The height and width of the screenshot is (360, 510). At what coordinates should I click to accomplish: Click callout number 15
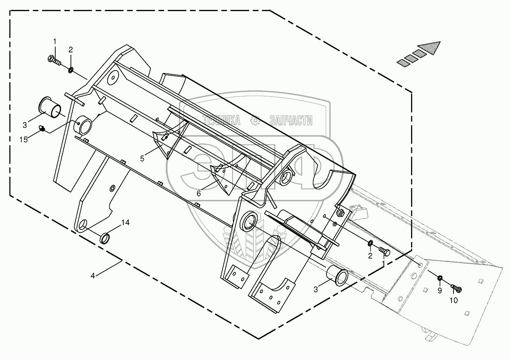[x=24, y=139]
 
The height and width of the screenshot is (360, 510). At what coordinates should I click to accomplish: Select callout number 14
[x=125, y=222]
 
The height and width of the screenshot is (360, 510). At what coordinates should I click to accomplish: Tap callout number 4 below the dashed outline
[x=93, y=276]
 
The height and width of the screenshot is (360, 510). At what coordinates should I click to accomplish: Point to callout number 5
[x=142, y=158]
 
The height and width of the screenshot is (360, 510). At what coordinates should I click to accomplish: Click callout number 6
[x=199, y=193]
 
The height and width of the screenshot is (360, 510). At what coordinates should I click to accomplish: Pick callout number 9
[x=439, y=291]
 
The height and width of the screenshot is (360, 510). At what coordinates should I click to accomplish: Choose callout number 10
[x=454, y=301]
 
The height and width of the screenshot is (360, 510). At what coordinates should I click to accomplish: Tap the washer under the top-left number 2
[x=71, y=70]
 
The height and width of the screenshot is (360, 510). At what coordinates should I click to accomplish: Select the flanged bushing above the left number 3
[x=50, y=108]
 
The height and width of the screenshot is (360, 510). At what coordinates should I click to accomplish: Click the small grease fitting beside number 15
[x=42, y=129]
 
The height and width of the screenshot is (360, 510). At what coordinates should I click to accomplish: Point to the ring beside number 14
[x=105, y=238]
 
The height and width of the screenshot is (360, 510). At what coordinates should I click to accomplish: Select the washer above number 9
[x=439, y=278]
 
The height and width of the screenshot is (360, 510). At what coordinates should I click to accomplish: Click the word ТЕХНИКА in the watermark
[x=221, y=120]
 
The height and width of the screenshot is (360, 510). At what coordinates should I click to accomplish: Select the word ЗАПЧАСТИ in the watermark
[x=291, y=120]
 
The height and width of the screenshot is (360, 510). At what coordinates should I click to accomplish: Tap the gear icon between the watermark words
[x=255, y=120]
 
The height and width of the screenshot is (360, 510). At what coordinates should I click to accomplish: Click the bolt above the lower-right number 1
[x=385, y=252]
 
